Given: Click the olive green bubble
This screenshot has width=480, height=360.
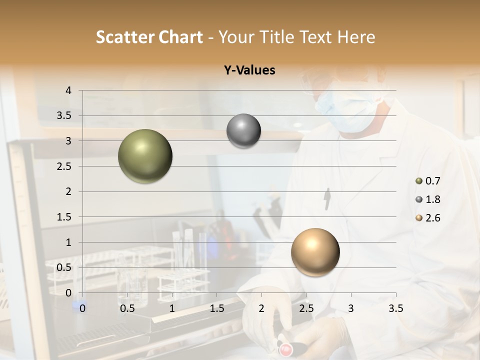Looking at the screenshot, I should [145, 156].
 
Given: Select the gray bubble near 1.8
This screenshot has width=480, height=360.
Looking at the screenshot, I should [243, 131].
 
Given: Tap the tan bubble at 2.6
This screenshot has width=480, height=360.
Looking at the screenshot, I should [315, 252].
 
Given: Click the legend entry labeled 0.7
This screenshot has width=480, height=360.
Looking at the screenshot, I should [428, 181].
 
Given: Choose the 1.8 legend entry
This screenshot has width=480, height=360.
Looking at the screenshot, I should [428, 199].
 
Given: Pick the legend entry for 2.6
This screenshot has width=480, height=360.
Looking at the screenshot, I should [428, 218].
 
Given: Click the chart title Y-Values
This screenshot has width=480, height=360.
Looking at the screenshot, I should [249, 70].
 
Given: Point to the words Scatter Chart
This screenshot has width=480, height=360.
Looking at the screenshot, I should [149, 37].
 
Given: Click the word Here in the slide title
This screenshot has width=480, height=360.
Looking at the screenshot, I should [356, 37].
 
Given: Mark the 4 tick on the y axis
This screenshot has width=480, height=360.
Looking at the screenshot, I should [68, 90].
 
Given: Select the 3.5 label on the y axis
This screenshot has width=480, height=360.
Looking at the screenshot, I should [64, 116].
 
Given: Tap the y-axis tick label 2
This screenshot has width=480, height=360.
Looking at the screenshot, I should [68, 191].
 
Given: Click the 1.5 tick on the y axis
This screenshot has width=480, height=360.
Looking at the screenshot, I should [64, 217].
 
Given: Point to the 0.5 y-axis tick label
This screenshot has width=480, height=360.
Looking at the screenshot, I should [64, 267].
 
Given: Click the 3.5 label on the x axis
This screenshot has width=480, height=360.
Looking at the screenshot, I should [395, 308].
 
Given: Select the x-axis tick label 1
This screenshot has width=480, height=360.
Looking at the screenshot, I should [172, 308].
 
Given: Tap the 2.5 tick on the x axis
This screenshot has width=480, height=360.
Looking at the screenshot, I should [306, 308].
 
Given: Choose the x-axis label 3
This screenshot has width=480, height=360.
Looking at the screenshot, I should [350, 308].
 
